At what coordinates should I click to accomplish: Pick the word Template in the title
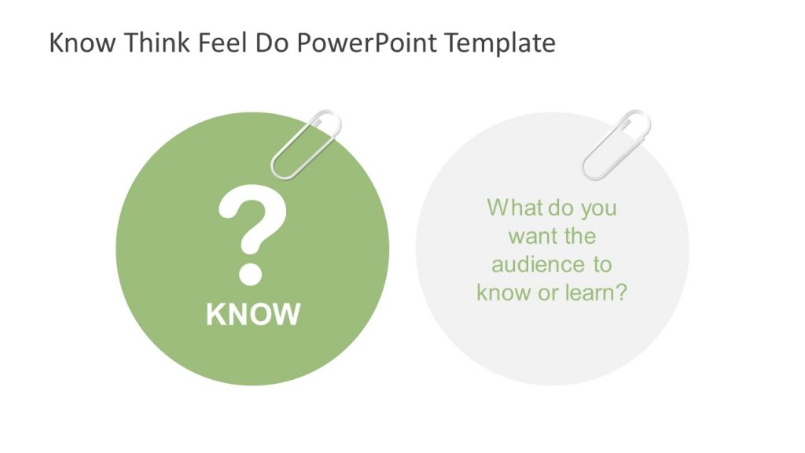[501, 42]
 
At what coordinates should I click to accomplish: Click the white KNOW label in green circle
[253, 315]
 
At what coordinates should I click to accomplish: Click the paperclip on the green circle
[307, 145]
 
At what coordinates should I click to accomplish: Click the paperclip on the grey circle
[616, 144]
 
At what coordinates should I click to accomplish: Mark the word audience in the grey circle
[528, 264]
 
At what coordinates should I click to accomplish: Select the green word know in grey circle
[502, 293]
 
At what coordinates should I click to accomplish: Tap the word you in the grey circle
[598, 209]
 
